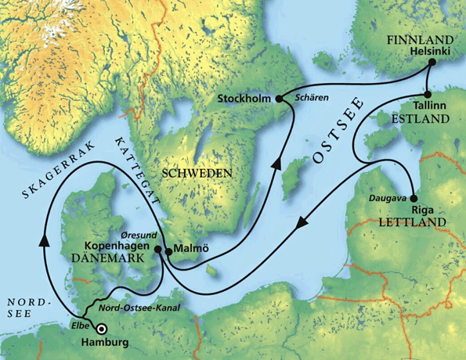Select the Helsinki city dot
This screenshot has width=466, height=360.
(x=430, y=68)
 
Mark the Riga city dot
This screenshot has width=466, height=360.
(x=413, y=197)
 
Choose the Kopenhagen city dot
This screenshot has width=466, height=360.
(x=158, y=250)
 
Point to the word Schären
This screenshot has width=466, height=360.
(x=311, y=99)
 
